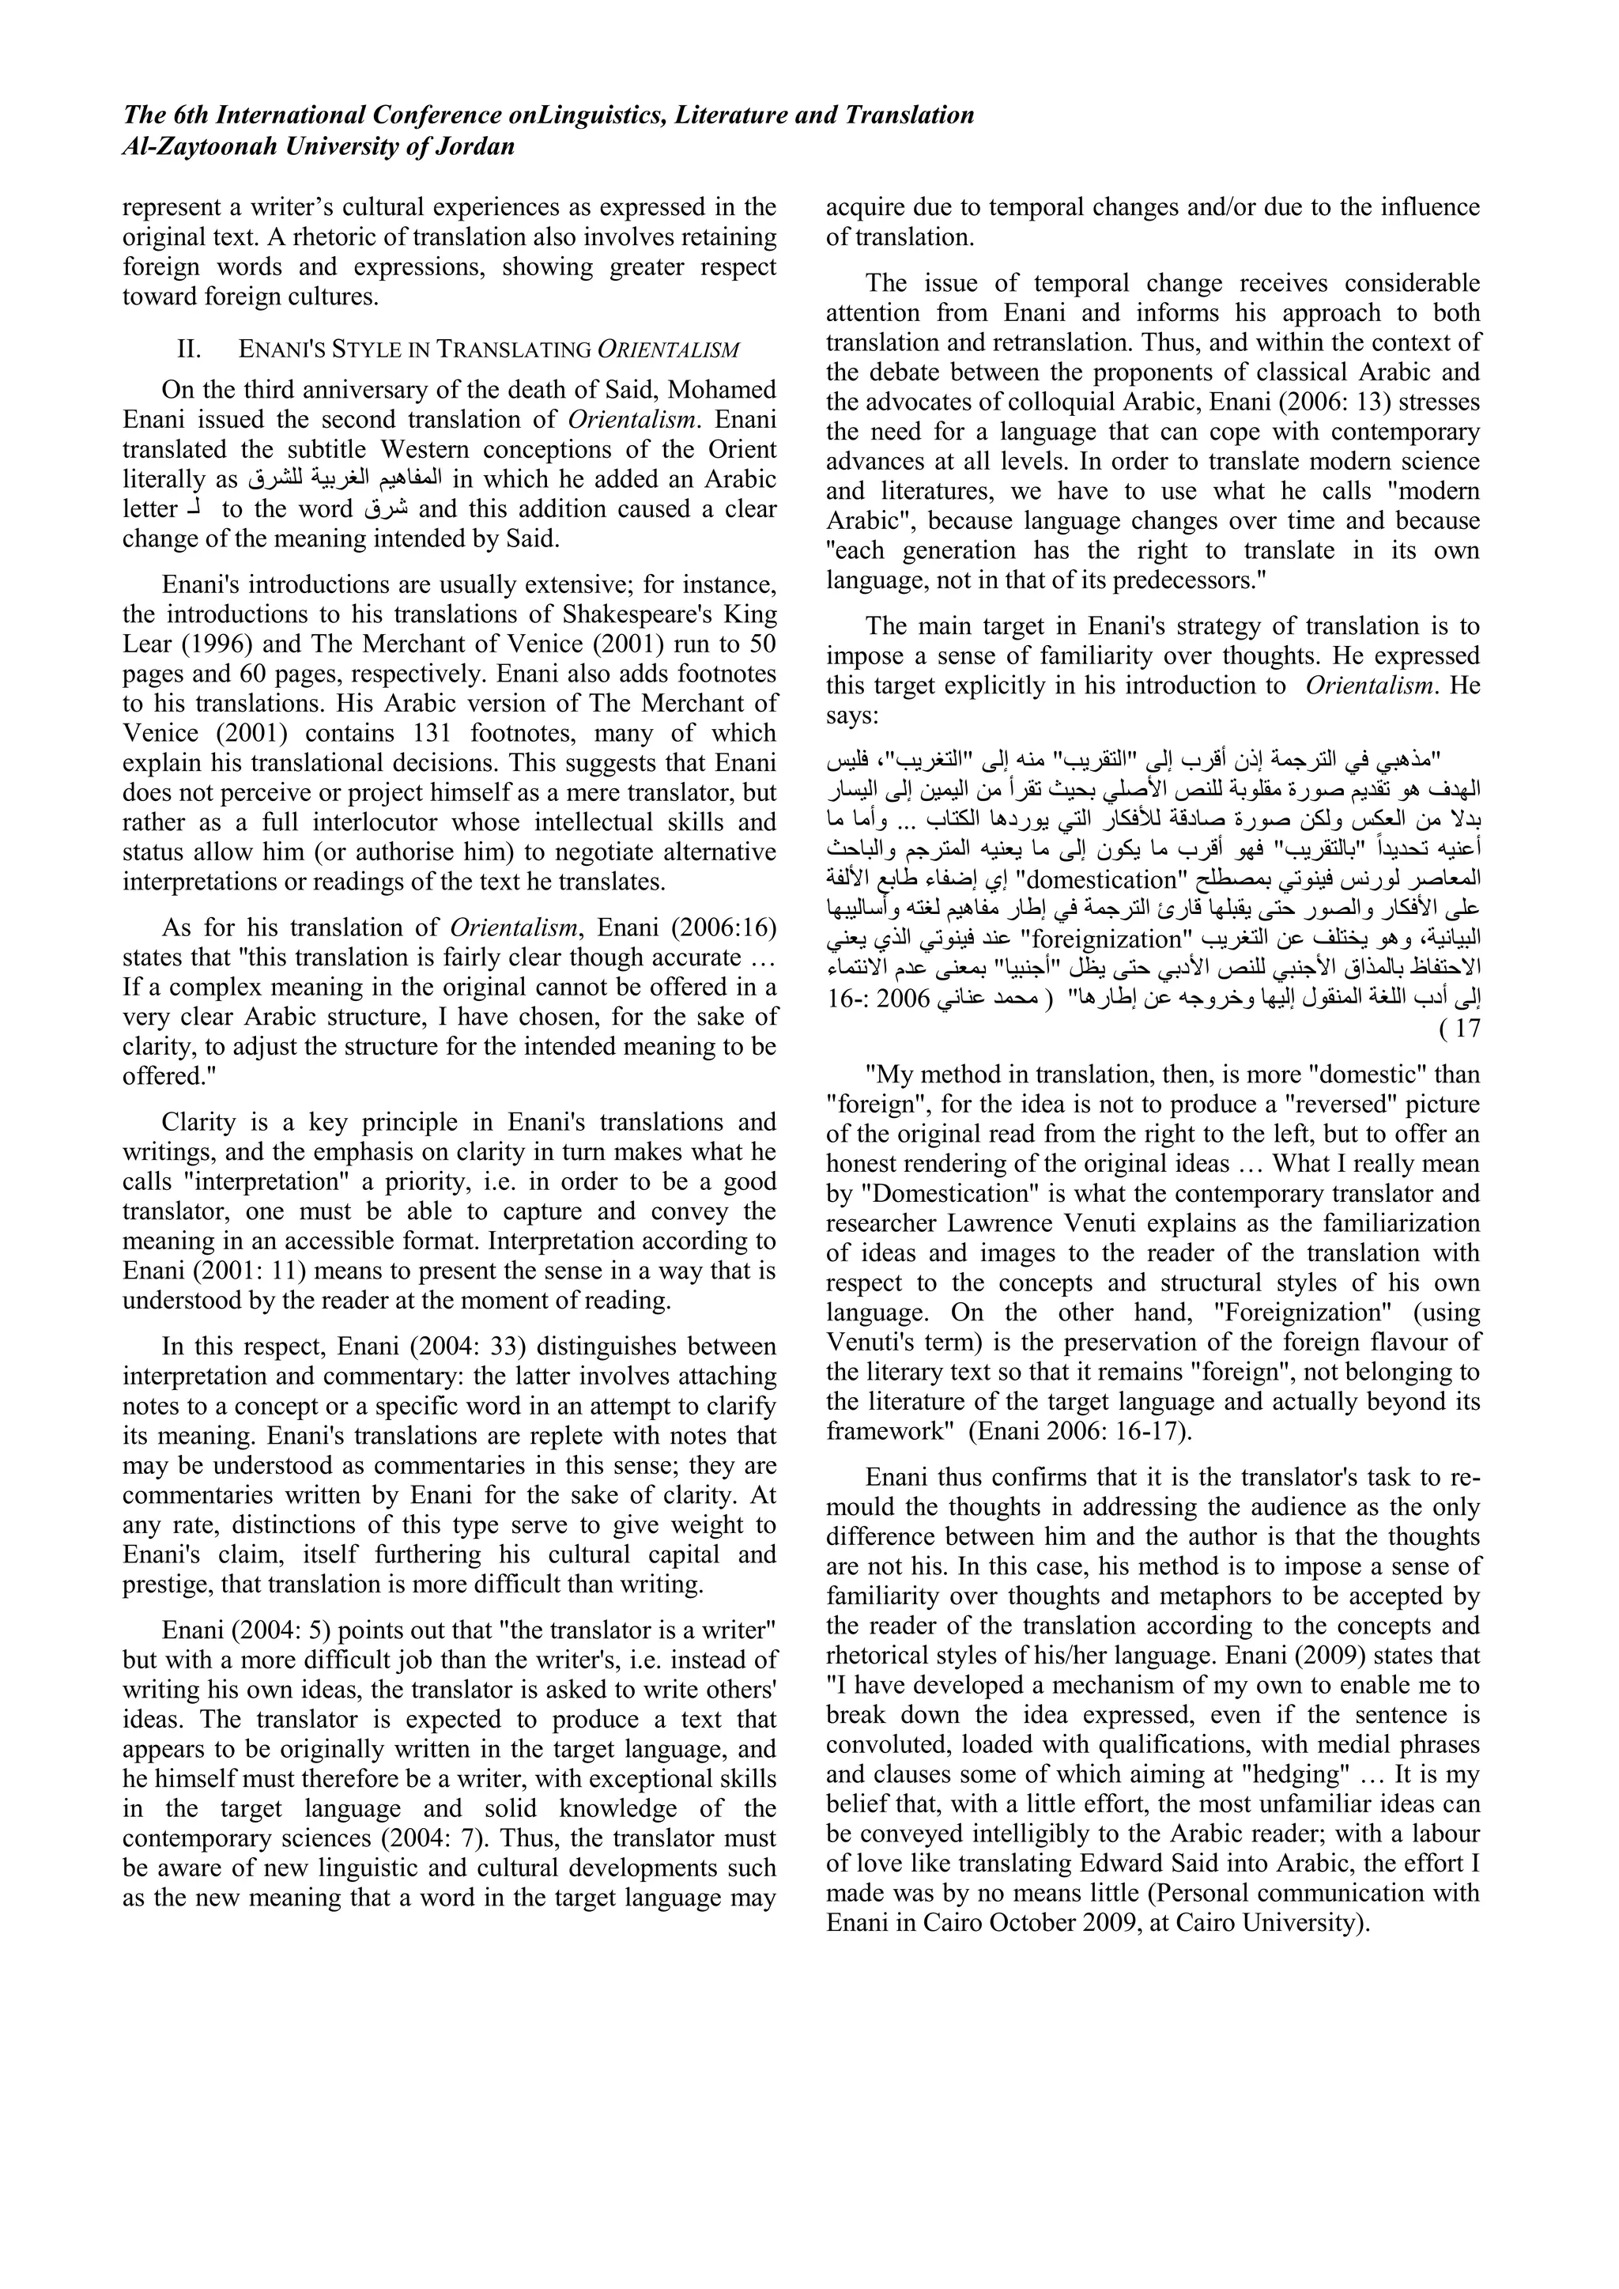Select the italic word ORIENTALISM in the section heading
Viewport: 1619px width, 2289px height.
click(669, 350)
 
